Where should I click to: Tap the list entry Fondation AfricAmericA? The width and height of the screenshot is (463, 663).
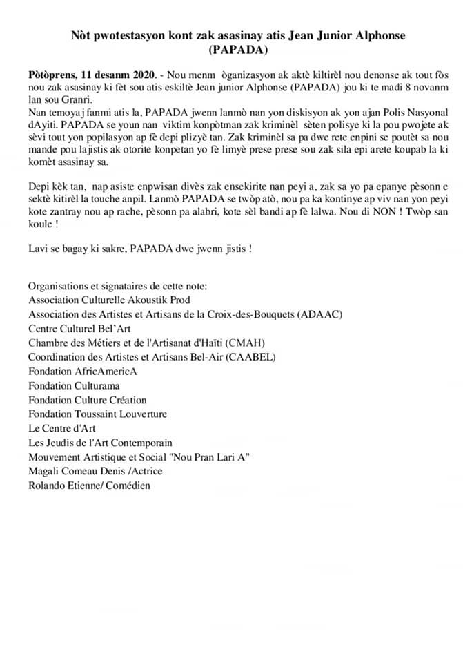point(83,372)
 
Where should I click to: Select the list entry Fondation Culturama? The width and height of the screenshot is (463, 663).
point(74,385)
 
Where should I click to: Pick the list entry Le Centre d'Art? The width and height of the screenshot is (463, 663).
point(62,428)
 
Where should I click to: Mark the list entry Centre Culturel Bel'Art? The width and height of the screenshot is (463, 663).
point(79,328)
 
